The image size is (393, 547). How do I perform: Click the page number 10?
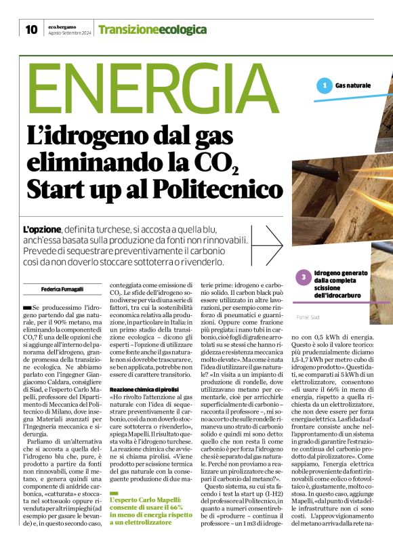[31, 29]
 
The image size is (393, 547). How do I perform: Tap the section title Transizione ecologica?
[152, 30]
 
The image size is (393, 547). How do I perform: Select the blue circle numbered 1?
[325, 85]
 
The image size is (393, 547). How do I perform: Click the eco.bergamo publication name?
[62, 26]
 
